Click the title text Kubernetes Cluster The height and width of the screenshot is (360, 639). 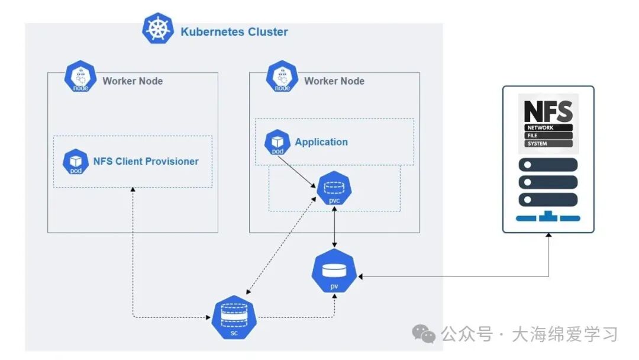coord(234,32)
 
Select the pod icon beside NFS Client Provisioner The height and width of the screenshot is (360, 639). coord(76,162)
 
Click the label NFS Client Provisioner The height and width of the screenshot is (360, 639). coord(146,161)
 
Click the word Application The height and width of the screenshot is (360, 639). coord(321,142)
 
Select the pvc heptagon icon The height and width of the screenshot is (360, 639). coord(334,189)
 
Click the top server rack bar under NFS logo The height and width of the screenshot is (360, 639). coord(548,165)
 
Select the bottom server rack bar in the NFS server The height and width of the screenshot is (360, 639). coord(548,200)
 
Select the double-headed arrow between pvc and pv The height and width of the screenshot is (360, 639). coord(335,228)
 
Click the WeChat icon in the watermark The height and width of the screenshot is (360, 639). coord(424,334)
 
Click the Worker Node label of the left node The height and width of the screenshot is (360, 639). coord(133,81)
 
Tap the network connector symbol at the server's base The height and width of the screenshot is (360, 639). coord(548,217)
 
